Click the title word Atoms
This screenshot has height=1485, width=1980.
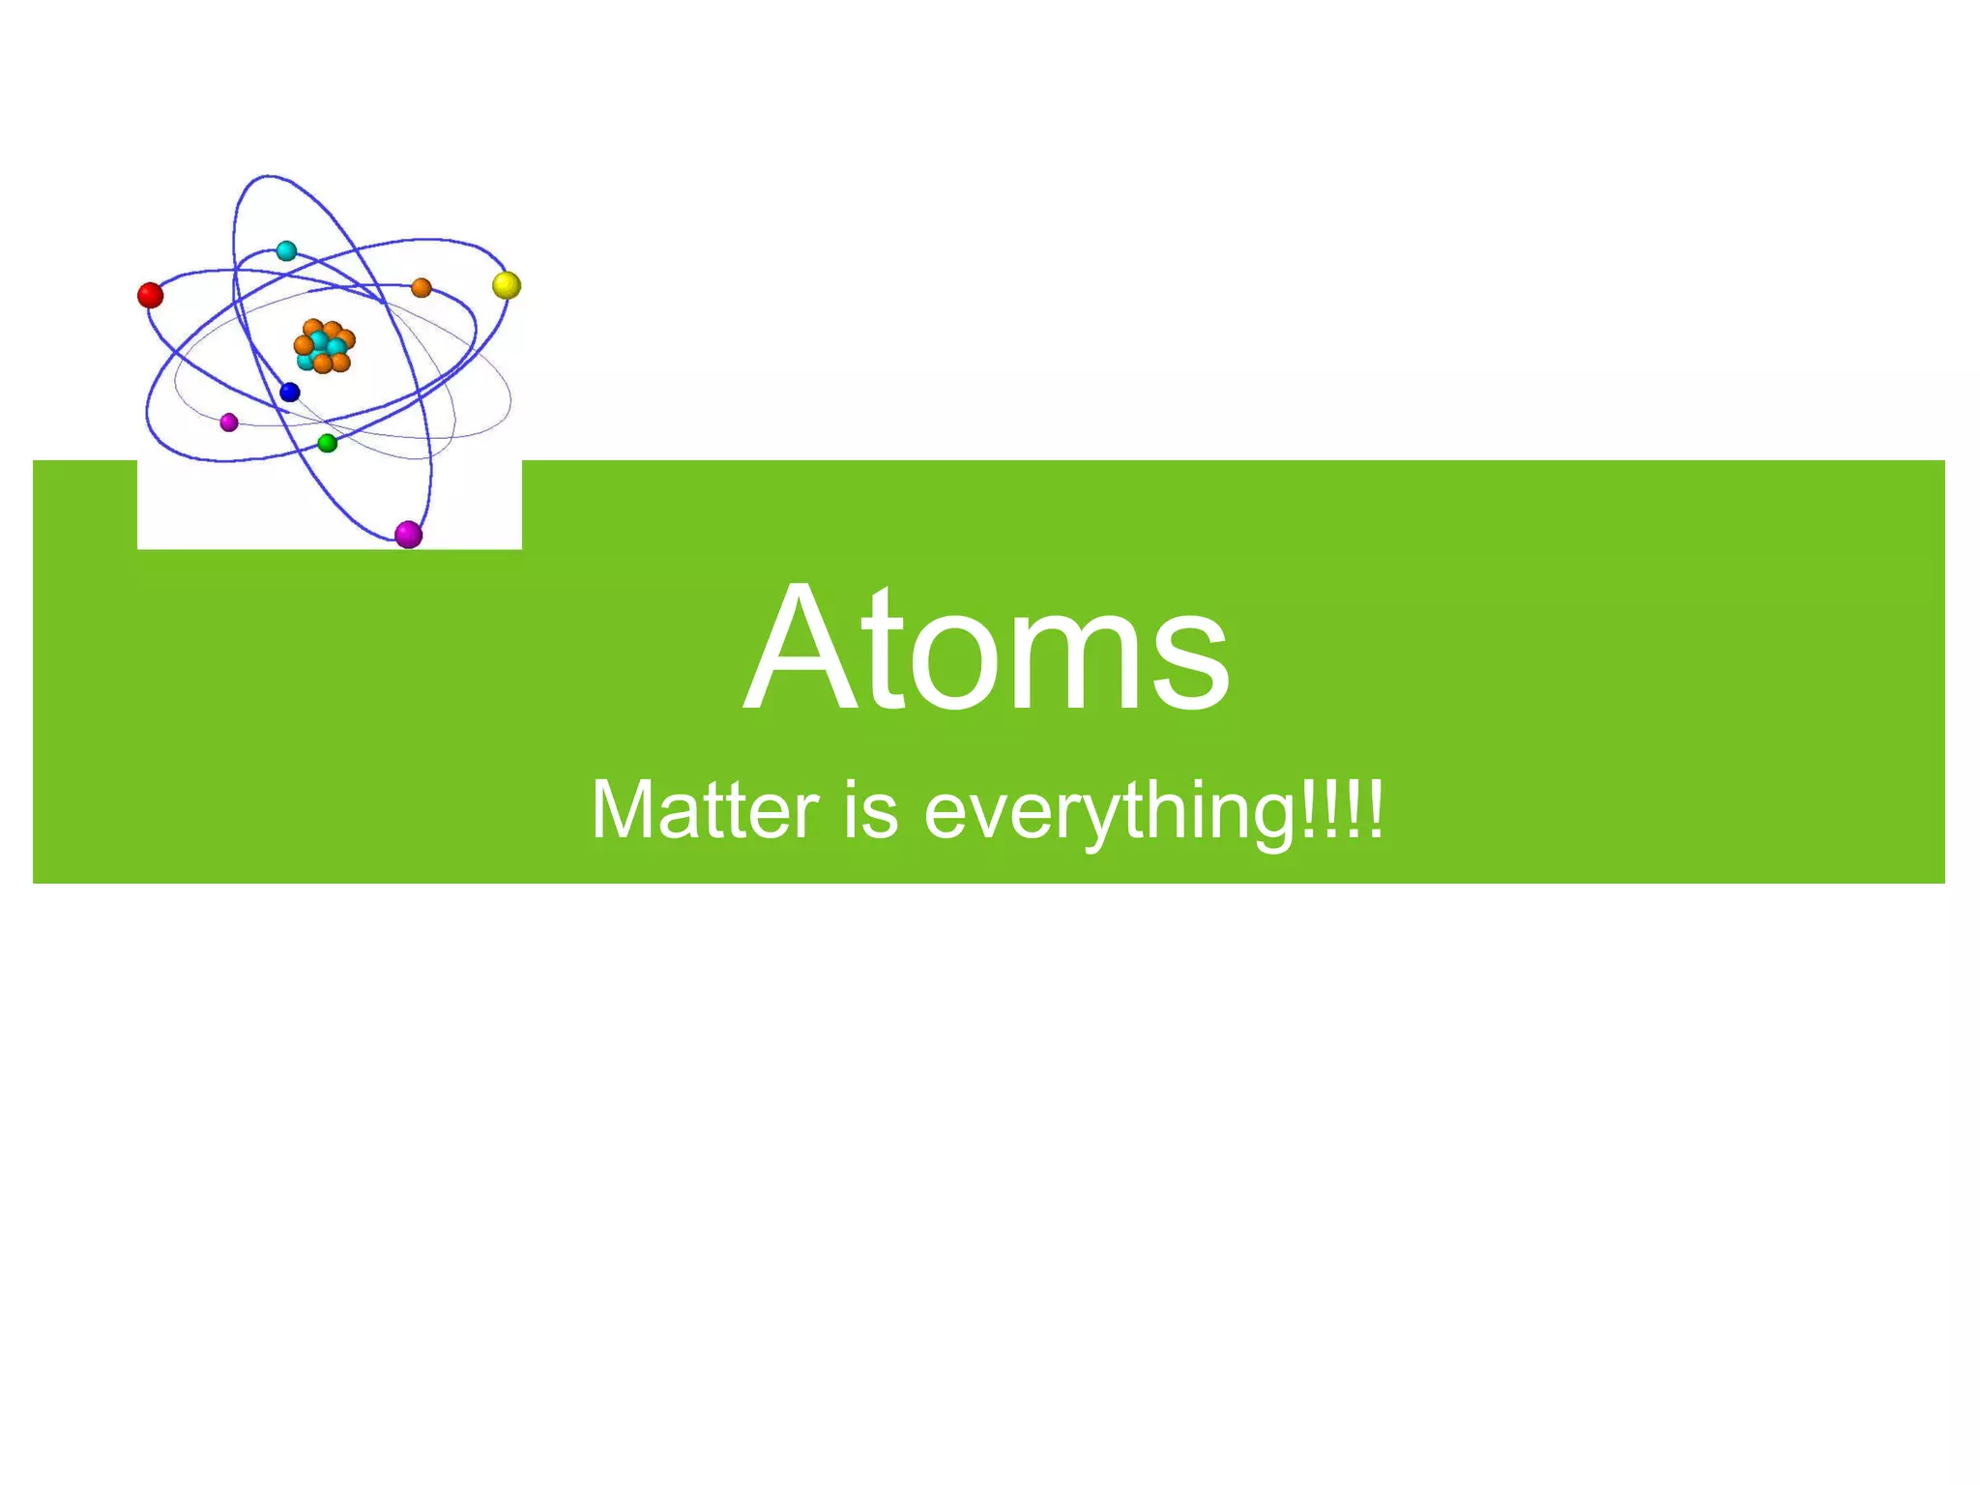tap(987, 648)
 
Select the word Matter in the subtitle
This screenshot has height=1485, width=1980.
tap(705, 810)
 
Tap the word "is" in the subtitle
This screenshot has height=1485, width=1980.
tap(871, 810)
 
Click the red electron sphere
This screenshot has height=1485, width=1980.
tap(150, 295)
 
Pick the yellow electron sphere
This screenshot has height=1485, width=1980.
tap(507, 285)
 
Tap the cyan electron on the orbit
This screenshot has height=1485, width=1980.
tap(286, 251)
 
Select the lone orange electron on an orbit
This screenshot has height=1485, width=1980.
tap(422, 288)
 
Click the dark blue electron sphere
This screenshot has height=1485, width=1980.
tap(290, 393)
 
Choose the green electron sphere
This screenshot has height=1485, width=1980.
tap(328, 444)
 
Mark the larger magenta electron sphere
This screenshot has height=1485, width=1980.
tap(409, 534)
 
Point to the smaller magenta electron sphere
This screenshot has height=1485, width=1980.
tap(229, 422)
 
